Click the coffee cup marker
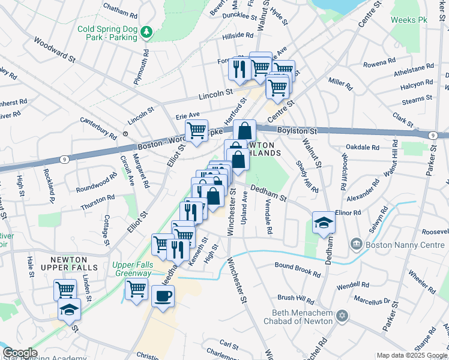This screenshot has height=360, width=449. (x=163, y=295)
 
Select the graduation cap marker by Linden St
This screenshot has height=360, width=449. (x=69, y=309)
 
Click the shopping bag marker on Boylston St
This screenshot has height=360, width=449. (x=245, y=130)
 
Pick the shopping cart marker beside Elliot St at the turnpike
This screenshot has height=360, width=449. (x=197, y=130)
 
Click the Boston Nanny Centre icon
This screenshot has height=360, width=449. (x=357, y=244)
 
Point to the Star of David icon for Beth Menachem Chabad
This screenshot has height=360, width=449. (x=343, y=315)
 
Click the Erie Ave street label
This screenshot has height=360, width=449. (x=187, y=114)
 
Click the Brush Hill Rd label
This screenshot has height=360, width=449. (x=295, y=298)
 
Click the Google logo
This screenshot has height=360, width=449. (x=20, y=353)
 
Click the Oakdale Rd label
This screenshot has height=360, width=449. (x=363, y=147)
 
